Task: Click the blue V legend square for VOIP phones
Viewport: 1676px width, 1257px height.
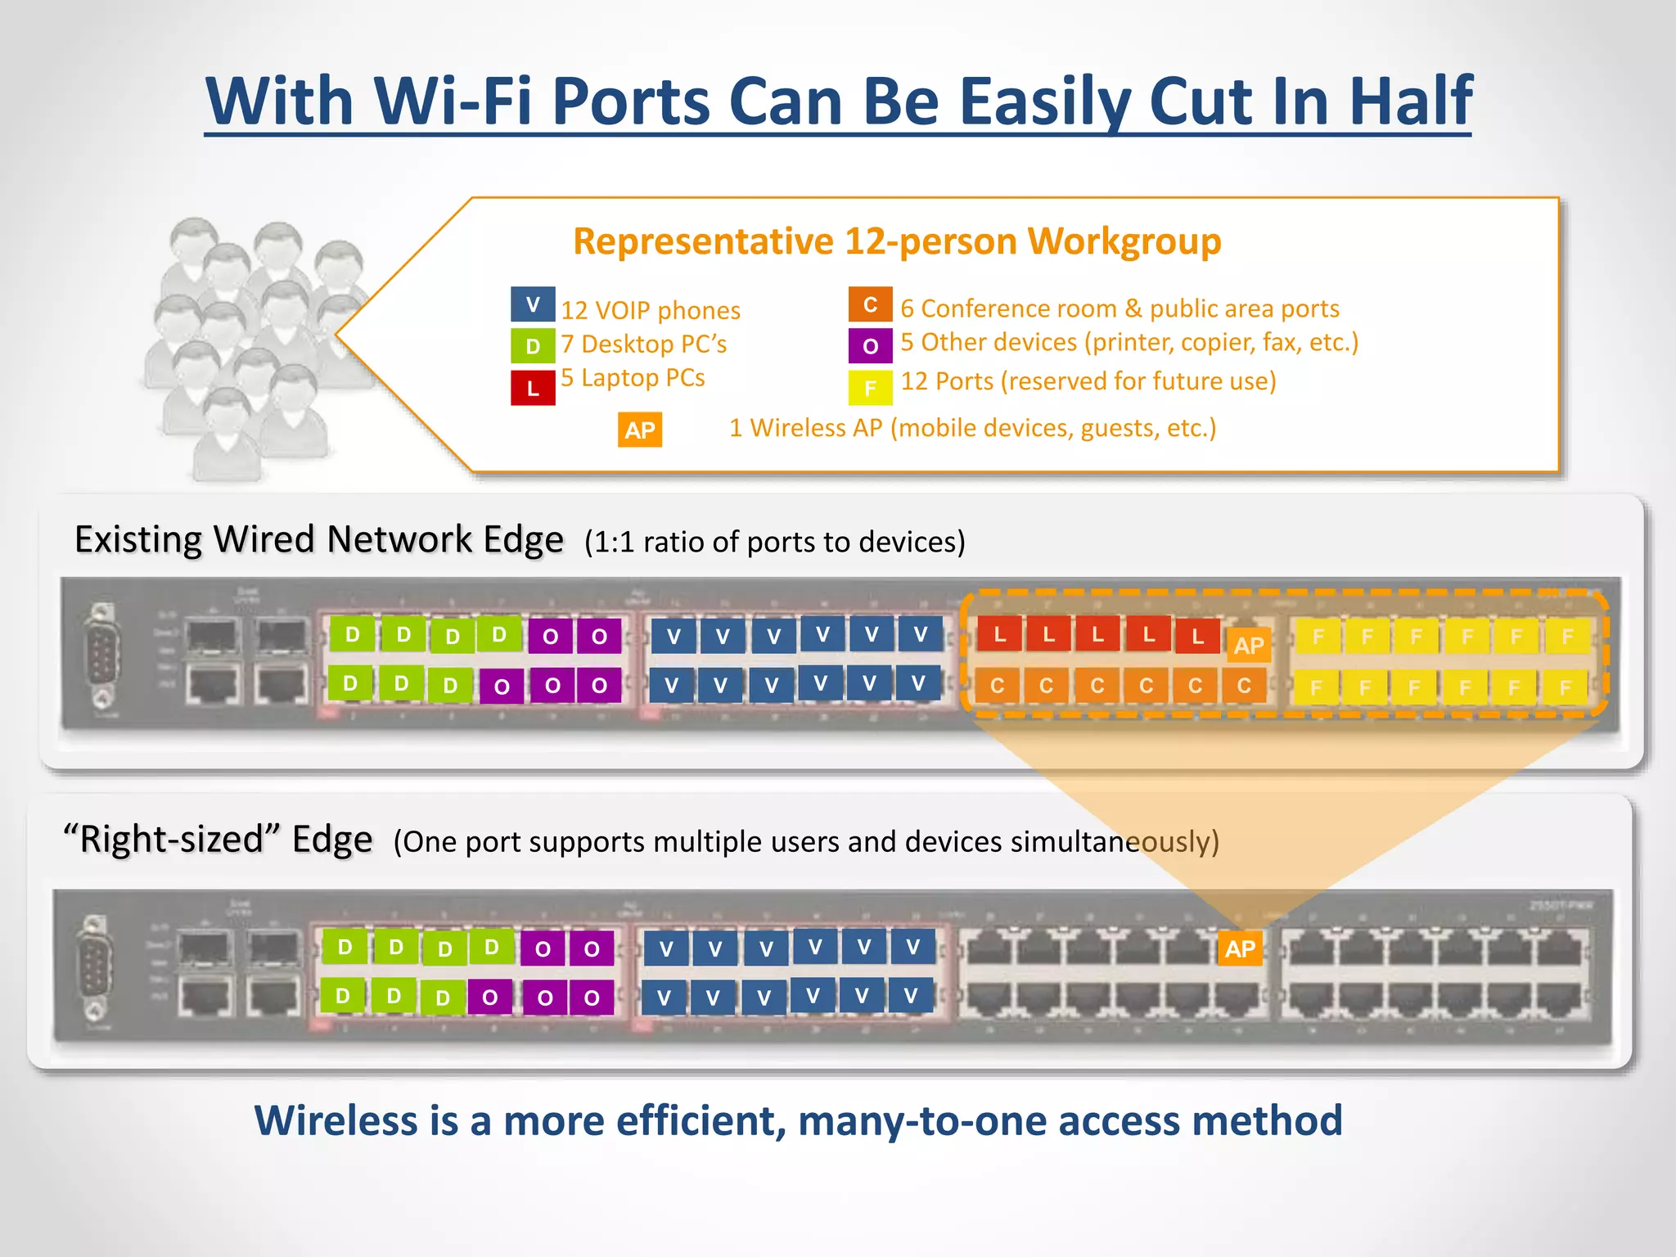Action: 533,304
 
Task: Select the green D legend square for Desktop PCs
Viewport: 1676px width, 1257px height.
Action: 533,345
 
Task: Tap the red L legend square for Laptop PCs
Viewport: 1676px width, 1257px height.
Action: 533,388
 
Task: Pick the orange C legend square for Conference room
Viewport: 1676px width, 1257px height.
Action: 870,304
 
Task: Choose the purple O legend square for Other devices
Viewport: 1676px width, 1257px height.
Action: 870,345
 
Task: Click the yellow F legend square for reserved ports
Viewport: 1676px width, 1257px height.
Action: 870,388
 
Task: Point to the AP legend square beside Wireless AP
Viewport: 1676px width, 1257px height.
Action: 639,430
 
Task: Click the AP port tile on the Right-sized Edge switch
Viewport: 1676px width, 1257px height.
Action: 1240,948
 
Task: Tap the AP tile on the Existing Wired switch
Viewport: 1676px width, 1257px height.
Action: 1249,645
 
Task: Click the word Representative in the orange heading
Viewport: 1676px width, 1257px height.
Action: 704,241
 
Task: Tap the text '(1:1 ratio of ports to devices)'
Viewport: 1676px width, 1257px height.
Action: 774,542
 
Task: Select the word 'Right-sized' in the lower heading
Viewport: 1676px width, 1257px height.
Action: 172,840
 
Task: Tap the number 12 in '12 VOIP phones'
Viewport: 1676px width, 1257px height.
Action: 574,311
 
